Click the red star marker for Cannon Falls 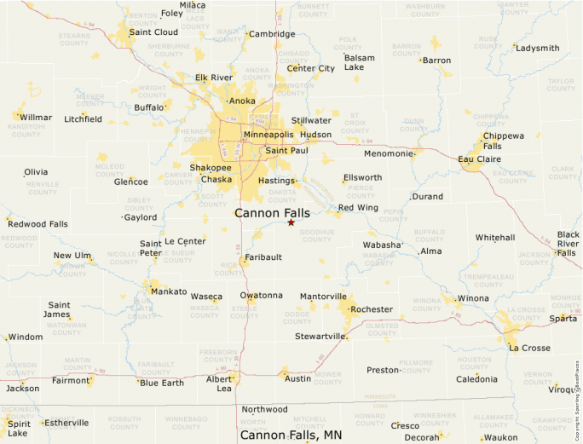291,222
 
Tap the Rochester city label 372,309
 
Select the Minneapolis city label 268,135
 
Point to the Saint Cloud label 153,32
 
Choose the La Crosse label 529,348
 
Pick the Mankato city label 168,291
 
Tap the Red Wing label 358,208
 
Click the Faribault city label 263,257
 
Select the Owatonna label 261,296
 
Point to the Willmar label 36,117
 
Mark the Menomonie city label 388,153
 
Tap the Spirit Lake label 19,428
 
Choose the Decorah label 421,437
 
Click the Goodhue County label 316,235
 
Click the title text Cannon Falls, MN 291,435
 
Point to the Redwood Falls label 38,223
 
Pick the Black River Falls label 568,243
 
